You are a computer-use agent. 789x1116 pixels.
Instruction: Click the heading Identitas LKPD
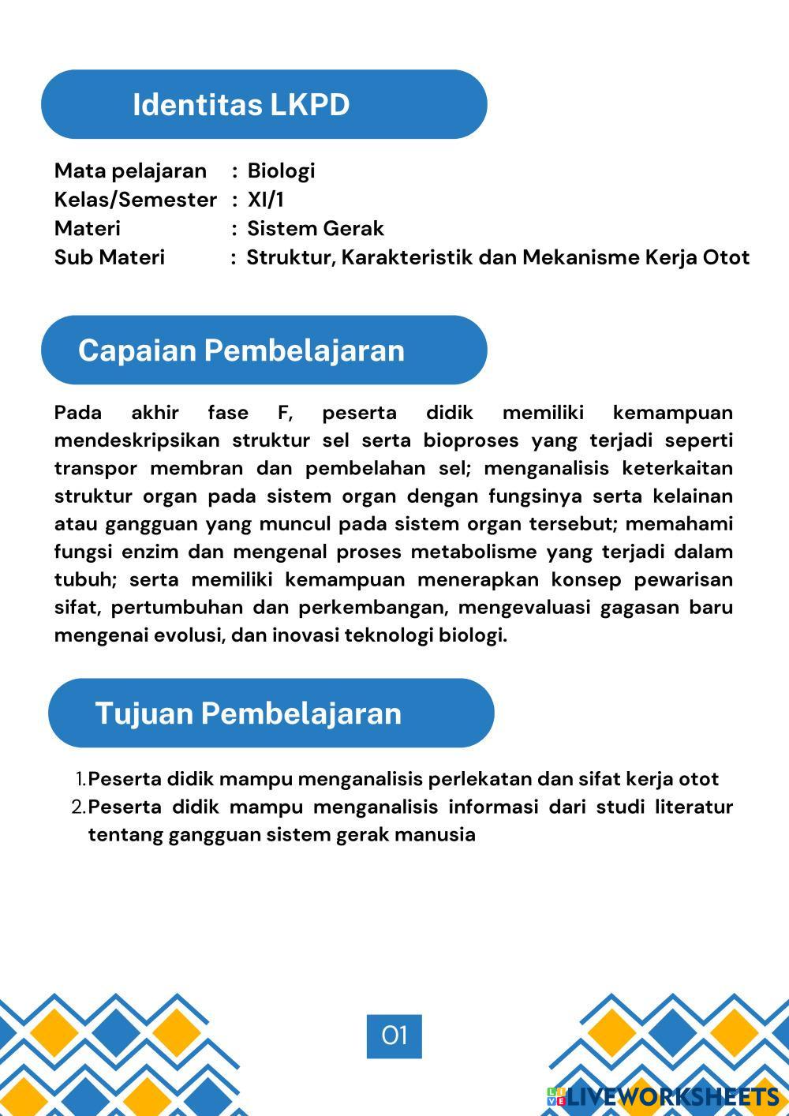(241, 105)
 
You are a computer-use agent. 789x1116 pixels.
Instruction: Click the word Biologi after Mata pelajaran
(281, 170)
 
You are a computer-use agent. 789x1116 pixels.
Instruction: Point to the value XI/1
(265, 200)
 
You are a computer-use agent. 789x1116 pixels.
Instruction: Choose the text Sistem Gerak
(316, 229)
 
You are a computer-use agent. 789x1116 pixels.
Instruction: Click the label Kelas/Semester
(135, 200)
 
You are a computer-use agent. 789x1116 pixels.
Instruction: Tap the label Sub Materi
(110, 257)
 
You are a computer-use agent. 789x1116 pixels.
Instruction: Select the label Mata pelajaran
(130, 170)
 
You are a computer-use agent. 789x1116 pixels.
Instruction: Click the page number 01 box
(394, 1035)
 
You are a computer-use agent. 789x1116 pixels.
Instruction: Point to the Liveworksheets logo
(663, 1096)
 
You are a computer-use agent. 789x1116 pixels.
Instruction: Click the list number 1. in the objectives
(80, 780)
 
